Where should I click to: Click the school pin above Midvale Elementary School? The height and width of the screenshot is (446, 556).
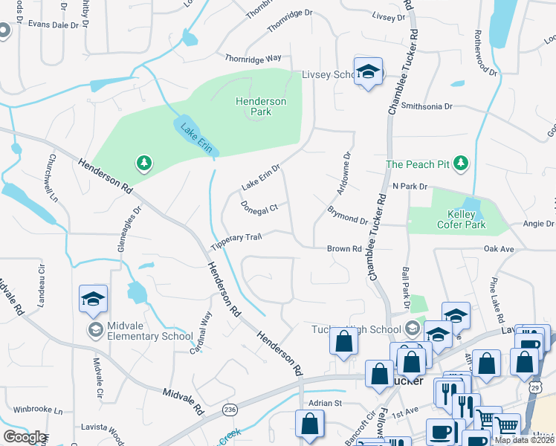point(94,300)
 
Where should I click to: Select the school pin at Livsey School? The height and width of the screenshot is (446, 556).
point(367,72)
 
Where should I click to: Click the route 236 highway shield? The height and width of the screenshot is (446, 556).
point(230,410)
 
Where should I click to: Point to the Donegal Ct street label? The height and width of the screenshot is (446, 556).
point(259,205)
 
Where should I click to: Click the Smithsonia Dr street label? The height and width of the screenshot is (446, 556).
point(427,106)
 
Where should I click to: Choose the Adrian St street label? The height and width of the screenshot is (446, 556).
point(325,403)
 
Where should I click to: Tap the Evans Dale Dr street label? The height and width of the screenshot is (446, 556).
point(53,25)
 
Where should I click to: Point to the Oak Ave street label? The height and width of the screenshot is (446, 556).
point(500,249)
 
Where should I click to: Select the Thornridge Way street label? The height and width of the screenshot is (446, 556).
point(253,57)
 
